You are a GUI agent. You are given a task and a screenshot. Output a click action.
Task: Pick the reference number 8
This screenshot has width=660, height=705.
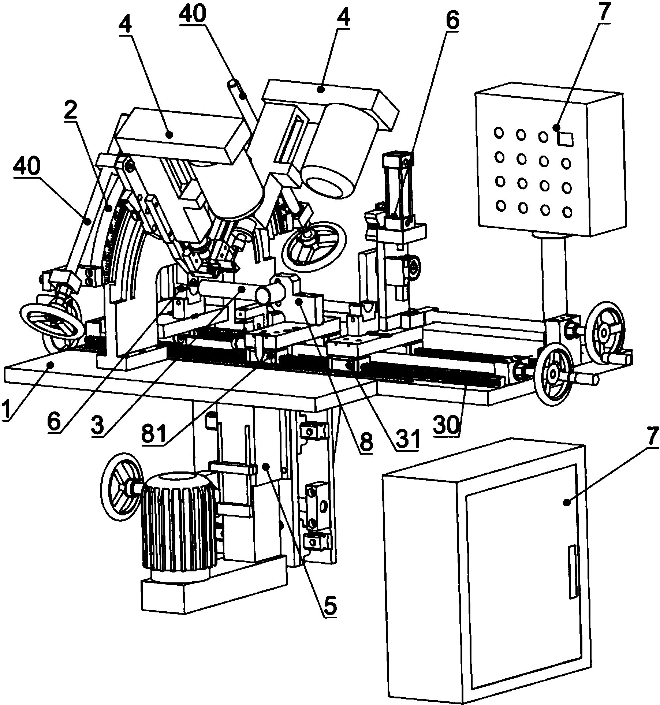(366, 442)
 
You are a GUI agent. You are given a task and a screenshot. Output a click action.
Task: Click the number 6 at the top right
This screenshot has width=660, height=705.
(451, 21)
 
